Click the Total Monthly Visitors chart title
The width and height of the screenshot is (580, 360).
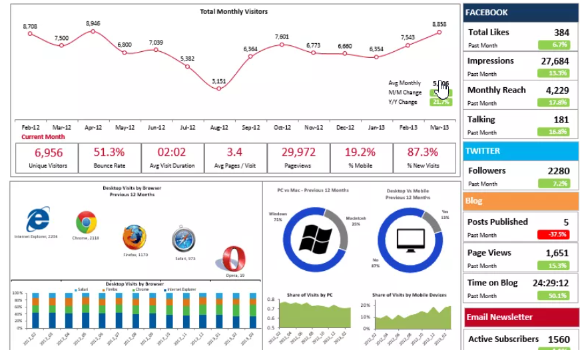tap(234, 11)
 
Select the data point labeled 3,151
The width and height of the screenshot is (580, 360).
tap(219, 92)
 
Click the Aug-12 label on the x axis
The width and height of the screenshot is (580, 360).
tap(219, 127)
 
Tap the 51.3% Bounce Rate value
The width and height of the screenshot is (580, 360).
tap(109, 152)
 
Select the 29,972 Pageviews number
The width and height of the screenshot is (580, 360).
tap(298, 152)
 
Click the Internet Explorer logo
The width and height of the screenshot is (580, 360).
tap(37, 220)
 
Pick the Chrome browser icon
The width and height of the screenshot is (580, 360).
tap(86, 222)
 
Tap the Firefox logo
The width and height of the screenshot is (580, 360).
tap(134, 238)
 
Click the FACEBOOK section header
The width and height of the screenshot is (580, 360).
tap(487, 12)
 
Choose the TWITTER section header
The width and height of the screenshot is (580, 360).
tap(483, 150)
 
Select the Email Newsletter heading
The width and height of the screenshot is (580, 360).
tap(499, 317)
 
